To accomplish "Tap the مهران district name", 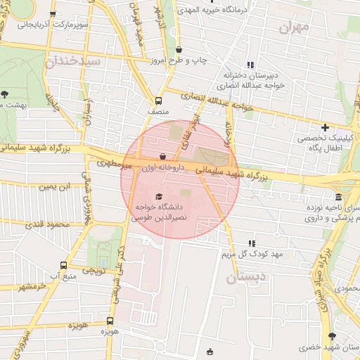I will (294, 29).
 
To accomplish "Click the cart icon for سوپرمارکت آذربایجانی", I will (53, 14).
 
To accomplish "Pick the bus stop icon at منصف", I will (158, 100).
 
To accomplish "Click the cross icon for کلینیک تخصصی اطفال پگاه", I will (325, 127).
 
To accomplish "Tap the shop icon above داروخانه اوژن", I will (163, 157).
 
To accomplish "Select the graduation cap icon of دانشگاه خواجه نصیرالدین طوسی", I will (159, 197).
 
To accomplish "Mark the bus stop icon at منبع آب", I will (64, 265).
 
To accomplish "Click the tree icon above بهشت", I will (5, 93).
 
